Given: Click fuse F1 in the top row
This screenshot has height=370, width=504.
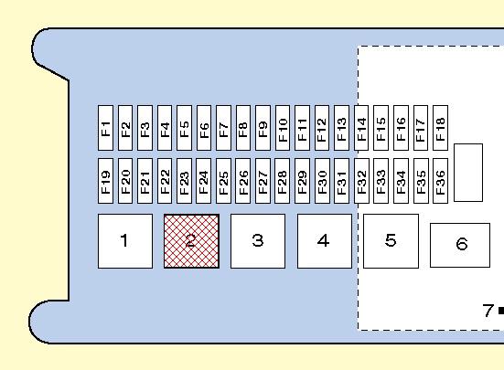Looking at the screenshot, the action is tap(105, 128).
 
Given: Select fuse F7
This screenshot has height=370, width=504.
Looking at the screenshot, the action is tap(223, 128).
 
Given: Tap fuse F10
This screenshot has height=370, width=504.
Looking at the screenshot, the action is tap(283, 128).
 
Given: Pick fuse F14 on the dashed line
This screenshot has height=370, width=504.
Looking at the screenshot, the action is tap(361, 128).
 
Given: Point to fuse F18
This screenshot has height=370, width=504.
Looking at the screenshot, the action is tap(440, 128).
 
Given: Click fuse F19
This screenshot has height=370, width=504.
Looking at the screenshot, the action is tap(105, 181).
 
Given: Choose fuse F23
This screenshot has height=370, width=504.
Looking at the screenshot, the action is tap(184, 181).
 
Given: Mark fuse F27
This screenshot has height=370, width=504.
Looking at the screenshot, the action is tap(263, 181).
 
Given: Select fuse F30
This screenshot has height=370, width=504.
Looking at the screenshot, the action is tap(322, 181).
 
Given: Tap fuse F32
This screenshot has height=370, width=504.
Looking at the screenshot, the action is tap(361, 181).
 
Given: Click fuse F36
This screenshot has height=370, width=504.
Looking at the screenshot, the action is tap(440, 181).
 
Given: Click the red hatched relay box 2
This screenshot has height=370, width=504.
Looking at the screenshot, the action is tap(191, 241).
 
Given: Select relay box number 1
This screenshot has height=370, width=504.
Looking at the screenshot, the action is tap(125, 241).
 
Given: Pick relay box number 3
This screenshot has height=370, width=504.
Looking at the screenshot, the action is tap(258, 241).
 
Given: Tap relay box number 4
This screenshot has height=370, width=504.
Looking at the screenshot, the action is tap(325, 241).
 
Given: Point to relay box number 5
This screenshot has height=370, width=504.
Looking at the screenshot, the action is tap(391, 241).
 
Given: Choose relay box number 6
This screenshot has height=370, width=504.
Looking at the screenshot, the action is tap(460, 245).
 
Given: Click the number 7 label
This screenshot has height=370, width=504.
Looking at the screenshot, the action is tap(488, 311).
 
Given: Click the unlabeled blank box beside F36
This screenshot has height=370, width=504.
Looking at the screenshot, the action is tap(468, 173).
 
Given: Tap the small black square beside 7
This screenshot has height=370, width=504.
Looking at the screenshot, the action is tap(501, 311).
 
